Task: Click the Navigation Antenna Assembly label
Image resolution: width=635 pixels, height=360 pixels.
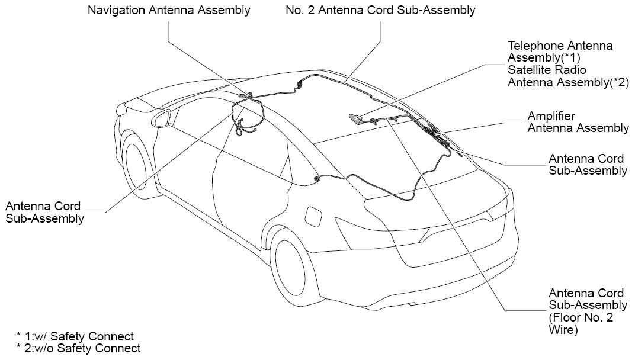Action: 169,10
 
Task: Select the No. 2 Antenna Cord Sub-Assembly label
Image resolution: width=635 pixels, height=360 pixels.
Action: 380,10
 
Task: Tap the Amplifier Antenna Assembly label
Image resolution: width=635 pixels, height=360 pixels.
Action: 578,122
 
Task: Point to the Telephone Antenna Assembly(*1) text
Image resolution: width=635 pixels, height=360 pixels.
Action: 560,52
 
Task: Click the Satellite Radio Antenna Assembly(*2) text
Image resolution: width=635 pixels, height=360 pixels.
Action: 568,76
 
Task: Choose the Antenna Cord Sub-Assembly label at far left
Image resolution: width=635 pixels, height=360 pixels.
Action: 44,212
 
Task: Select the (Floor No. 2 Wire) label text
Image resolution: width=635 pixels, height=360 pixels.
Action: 581,323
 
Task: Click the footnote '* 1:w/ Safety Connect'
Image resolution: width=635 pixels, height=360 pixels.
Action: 75,336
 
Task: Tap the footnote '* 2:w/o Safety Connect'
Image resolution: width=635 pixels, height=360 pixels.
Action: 78,348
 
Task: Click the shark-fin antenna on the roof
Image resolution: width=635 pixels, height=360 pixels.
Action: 357,118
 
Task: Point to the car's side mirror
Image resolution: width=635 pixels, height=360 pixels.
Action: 163,118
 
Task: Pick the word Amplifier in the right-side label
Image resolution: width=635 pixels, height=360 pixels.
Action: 551,116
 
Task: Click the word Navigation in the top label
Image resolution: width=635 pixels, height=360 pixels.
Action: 117,10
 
